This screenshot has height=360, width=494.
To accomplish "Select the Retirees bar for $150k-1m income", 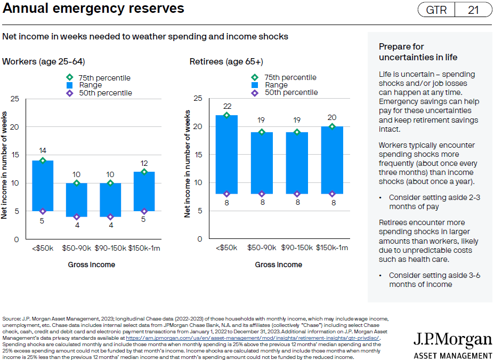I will point(332,160).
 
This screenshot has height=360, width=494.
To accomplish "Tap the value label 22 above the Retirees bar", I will point(226,106).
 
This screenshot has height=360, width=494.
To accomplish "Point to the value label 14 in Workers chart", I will point(43,151).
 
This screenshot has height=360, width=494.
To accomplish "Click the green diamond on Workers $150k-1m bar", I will point(143,172).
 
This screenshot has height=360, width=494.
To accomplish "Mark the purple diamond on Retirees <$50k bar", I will point(226,194).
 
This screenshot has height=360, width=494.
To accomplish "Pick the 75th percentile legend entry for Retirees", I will point(285,77).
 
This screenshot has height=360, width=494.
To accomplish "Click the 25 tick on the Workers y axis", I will point(14,99).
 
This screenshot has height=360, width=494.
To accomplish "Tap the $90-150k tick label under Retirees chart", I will point(297,248).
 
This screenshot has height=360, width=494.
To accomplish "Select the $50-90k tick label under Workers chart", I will point(76,248).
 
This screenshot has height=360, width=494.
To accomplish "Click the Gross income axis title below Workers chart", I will point(91,265).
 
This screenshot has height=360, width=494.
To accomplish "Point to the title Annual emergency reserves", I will point(94,9).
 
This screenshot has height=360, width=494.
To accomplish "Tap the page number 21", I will point(474,10).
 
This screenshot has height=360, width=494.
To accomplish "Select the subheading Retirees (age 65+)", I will point(226,61).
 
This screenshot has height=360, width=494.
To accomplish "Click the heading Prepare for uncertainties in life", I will point(418,52).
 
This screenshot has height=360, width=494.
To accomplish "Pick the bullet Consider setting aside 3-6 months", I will point(434,279).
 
